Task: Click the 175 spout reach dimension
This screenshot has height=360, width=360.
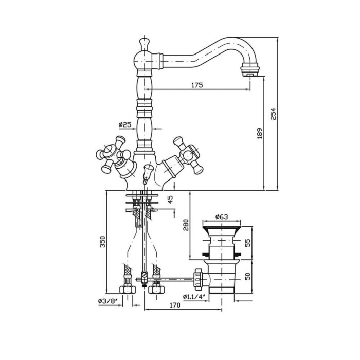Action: pos(197,85)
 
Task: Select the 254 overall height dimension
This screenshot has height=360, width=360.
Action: pos(273,114)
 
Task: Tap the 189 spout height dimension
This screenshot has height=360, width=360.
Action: pos(259,133)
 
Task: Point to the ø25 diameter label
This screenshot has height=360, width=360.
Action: pos(125,124)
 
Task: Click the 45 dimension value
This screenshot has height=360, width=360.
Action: pos(171,200)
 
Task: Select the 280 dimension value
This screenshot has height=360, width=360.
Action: pos(186,225)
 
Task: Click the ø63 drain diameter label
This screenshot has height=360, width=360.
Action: pos(222,217)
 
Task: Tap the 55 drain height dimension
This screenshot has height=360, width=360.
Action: pos(248,243)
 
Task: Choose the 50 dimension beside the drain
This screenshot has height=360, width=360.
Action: pos(248,276)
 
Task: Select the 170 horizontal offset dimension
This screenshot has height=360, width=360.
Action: pos(175,305)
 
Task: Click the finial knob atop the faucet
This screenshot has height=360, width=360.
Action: pos(145,44)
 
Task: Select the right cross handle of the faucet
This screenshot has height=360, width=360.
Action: pos(188,155)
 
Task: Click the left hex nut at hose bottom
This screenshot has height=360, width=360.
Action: pos(128,290)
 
